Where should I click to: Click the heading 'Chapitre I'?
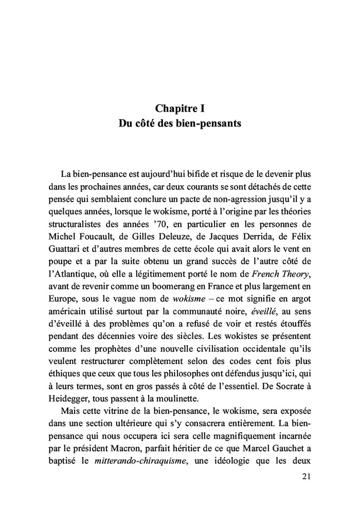tap(180, 108)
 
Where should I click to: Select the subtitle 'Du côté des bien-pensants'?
tap(180, 124)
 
